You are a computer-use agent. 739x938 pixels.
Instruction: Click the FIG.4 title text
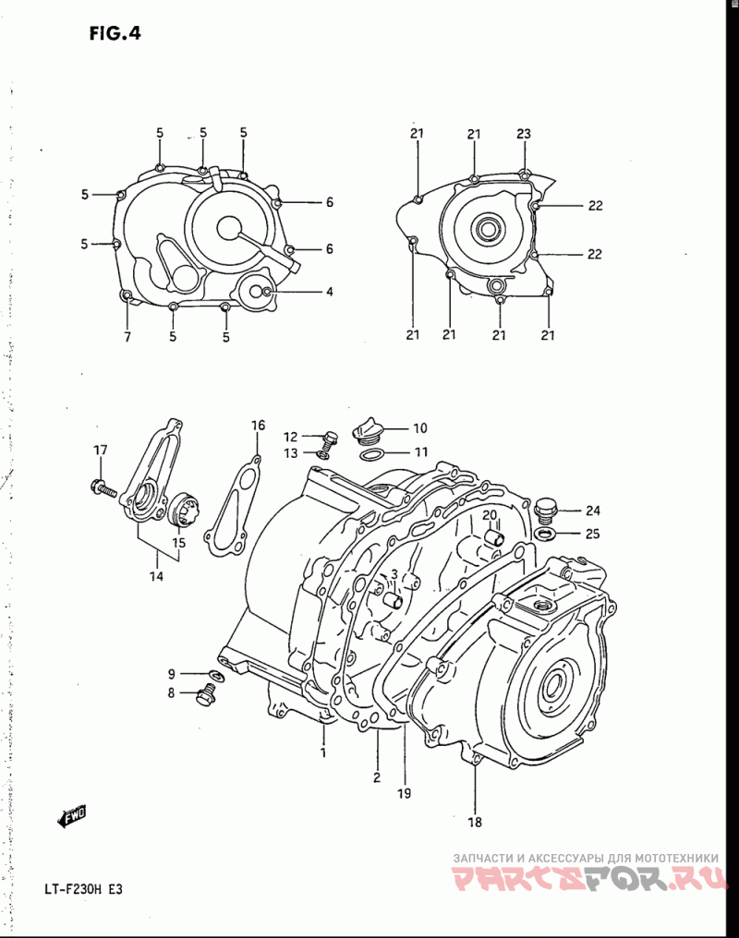pos(115,33)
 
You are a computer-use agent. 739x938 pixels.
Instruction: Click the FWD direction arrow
pos(72,816)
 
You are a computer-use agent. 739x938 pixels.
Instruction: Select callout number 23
pos(524,133)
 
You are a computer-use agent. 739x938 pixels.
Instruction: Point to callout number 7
pos(127,337)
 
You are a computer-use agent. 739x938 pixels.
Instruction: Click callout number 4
pos(329,292)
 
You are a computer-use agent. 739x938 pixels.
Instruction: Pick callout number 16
pos(258,426)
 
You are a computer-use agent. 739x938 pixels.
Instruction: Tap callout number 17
pos(101,450)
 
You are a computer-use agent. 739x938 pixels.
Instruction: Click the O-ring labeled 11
pos(371,454)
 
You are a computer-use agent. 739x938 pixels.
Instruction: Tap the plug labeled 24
pos(546,509)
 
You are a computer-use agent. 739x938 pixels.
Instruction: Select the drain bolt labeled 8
pos(206,696)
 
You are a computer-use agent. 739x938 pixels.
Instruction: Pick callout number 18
pos(475,822)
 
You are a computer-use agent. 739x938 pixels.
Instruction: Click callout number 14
pos(157,577)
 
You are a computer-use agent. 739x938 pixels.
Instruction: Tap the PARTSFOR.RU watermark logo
pos(589,879)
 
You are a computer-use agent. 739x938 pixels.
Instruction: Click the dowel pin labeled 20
pos(495,535)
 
